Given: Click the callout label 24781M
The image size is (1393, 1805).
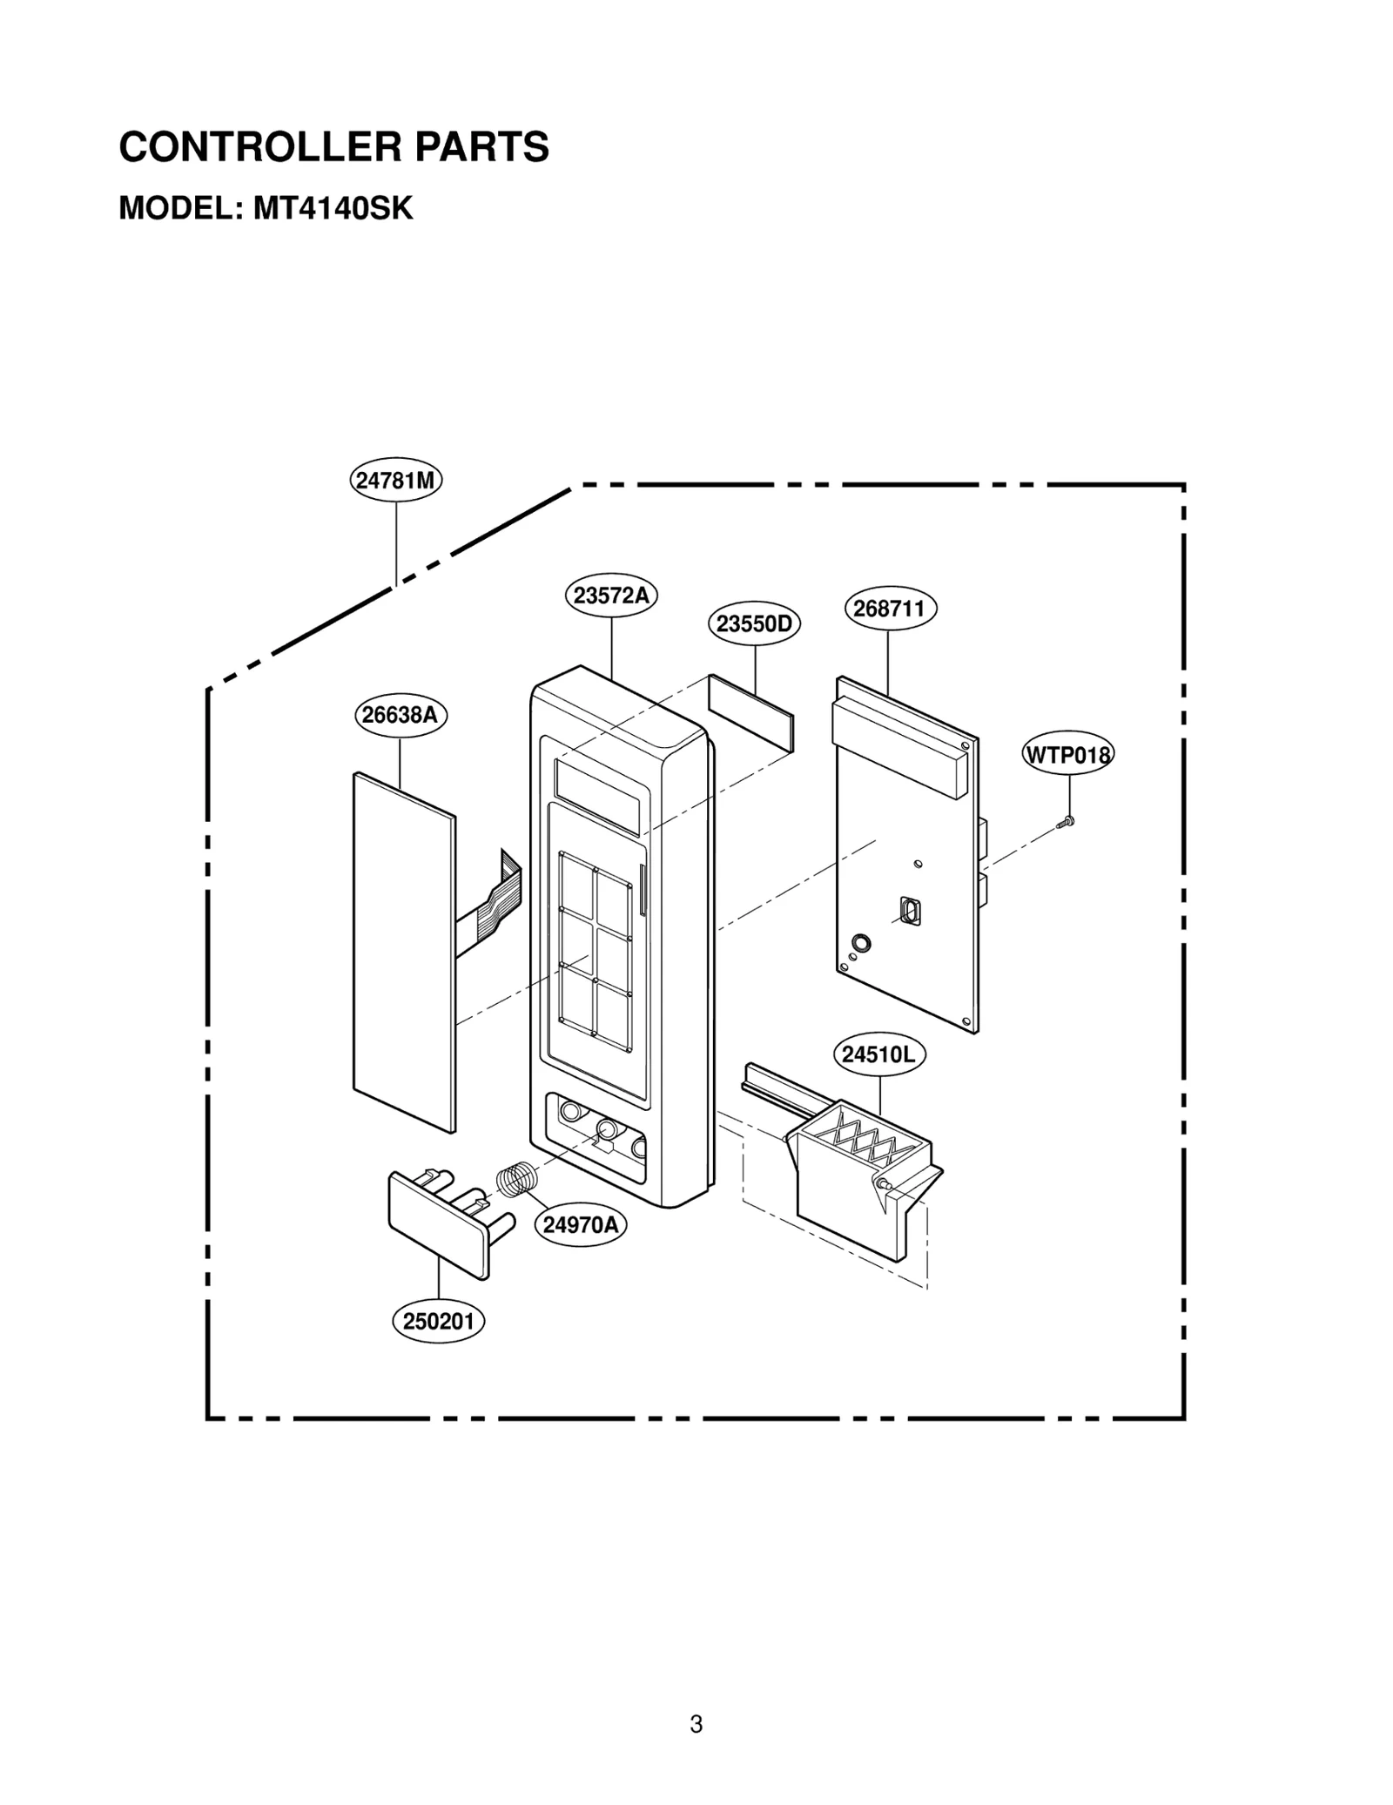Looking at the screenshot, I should pos(396,481).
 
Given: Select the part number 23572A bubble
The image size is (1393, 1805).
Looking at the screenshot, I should pos(611,596).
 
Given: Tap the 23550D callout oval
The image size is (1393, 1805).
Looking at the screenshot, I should pos(754,623).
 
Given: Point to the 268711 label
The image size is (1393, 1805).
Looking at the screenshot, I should pos(890,609).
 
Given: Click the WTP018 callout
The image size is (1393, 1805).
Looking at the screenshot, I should pos(1067,754).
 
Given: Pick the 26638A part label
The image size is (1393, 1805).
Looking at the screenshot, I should pos(400,715).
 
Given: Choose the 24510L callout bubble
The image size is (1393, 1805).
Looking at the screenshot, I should pos(879,1054).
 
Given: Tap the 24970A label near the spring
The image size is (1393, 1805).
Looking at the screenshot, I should pos(581,1225).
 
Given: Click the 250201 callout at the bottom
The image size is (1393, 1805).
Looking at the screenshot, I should pos(438,1322).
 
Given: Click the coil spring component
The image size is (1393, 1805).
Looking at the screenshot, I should pos(518,1180).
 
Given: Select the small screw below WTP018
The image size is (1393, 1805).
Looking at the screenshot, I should pos(1066,820).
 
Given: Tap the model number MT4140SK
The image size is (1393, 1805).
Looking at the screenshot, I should pos(333,209).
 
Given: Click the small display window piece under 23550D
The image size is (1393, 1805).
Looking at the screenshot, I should pos(751,712).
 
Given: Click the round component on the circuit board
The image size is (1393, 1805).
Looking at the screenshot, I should pos(860,942).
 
